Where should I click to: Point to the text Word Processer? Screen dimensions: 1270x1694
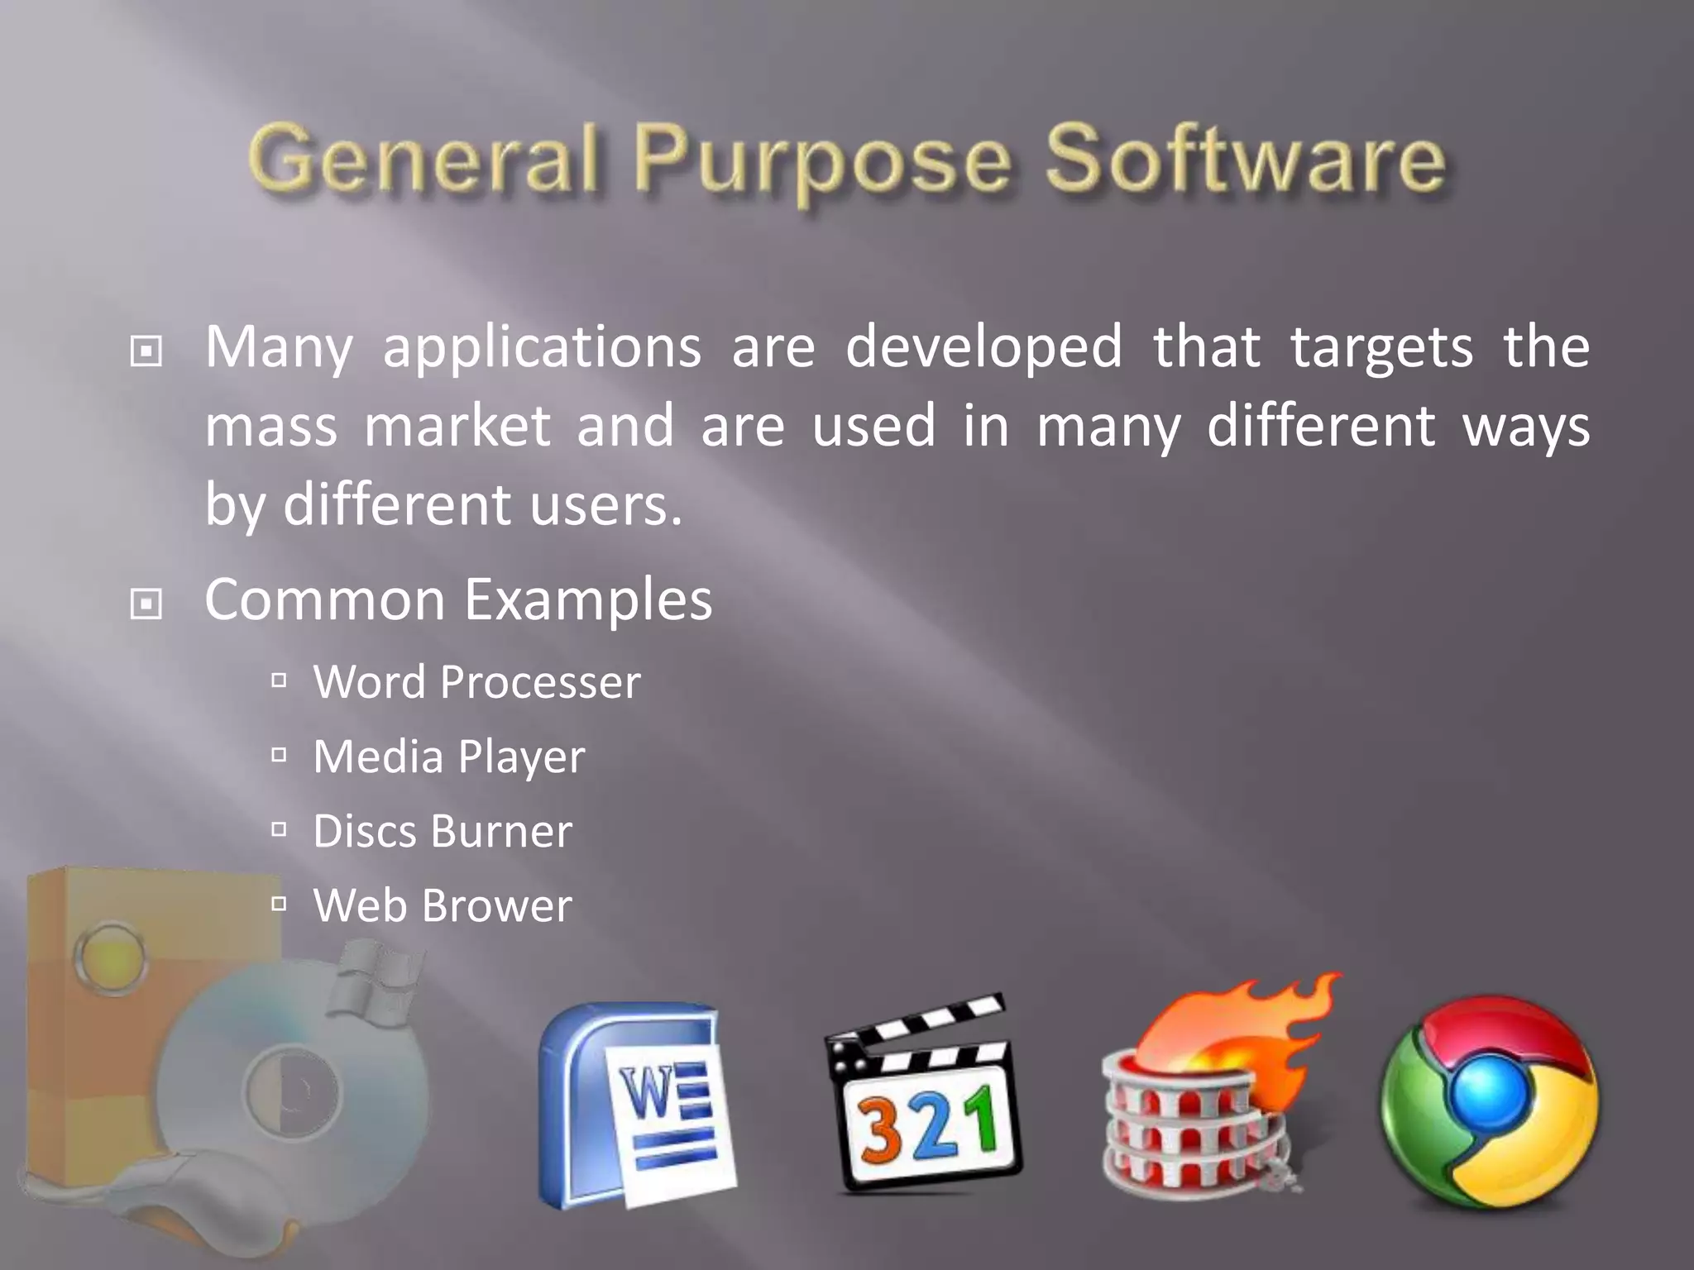coord(476,682)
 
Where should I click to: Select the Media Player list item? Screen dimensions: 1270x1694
coord(448,757)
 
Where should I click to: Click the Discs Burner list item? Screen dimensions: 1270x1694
coord(442,831)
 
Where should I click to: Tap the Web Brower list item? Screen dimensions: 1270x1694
coord(442,905)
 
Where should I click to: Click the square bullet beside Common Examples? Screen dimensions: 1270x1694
coord(146,604)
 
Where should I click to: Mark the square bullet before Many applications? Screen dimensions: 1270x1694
coord(146,351)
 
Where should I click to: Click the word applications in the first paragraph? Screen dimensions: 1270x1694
coord(542,347)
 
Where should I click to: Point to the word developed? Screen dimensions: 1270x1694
coord(983,347)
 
